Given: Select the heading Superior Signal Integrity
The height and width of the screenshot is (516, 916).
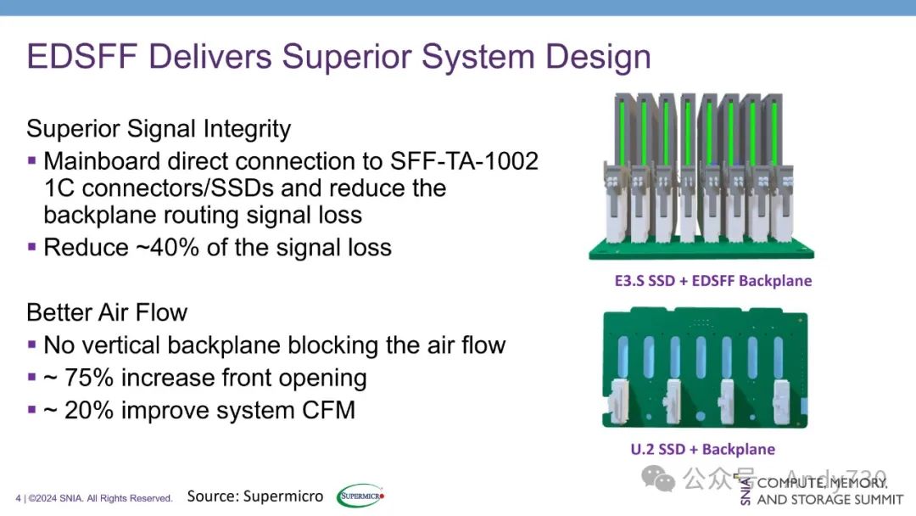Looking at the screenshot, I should click(159, 129).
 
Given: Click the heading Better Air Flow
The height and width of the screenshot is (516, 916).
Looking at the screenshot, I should click(107, 312).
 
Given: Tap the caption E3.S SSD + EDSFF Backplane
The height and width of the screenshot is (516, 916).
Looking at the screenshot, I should click(701, 281).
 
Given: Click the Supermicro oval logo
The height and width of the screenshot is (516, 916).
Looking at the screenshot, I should click(360, 496).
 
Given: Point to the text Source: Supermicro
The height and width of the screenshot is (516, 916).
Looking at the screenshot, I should click(254, 496).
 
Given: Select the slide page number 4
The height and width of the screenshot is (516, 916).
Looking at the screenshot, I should click(18, 498).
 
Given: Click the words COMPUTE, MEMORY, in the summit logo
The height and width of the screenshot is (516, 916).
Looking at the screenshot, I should click(821, 483).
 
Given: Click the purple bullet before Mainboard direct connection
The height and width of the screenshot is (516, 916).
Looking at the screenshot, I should click(32, 160).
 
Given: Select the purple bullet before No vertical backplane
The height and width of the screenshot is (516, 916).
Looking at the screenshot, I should click(32, 345).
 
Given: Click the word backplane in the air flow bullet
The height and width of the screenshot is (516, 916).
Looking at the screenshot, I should click(227, 345).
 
